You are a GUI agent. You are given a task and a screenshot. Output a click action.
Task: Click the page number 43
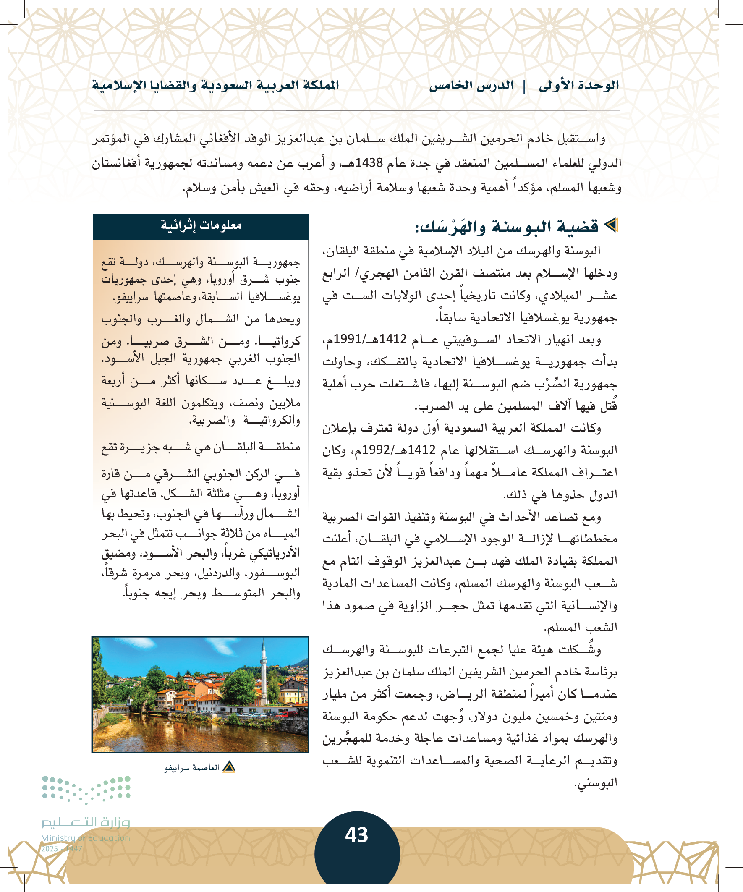coord(356,834)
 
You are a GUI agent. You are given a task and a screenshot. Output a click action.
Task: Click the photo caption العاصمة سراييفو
coord(191,768)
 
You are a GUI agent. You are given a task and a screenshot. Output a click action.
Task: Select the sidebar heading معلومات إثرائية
coord(201,225)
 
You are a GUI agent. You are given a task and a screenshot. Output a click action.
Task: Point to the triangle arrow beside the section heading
coord(611,225)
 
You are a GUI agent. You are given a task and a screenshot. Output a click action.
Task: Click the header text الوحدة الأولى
coord(578,86)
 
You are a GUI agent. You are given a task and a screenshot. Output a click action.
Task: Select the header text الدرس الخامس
coord(471,86)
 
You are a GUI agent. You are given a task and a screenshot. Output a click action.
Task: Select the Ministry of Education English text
coord(85,838)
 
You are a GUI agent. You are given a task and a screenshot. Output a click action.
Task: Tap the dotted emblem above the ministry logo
coord(86,789)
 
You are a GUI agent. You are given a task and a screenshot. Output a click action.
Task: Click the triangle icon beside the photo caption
coord(229,767)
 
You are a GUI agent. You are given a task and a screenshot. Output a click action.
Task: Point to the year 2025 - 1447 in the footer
coord(62,849)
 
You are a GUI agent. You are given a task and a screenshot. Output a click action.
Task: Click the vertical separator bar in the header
coord(524,86)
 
